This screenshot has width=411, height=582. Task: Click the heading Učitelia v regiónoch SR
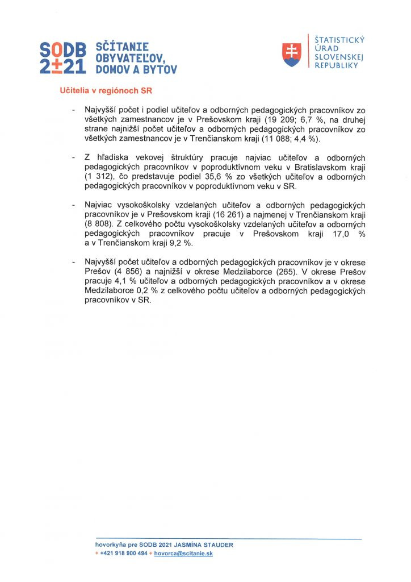106,90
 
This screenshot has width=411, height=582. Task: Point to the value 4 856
131,271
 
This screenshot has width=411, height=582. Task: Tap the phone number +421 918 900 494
123,553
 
